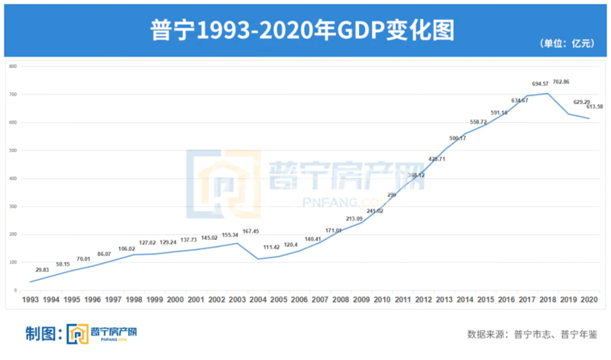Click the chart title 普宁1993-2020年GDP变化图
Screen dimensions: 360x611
click(x=305, y=31)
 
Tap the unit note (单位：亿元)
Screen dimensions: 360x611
click(x=567, y=44)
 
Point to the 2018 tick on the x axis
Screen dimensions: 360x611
click(x=546, y=300)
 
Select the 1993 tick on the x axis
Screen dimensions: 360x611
click(x=31, y=300)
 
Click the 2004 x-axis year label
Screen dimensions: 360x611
click(x=257, y=300)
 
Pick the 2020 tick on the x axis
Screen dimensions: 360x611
click(x=587, y=300)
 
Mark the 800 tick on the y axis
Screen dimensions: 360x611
click(x=13, y=66)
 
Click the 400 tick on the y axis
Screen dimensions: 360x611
click(x=13, y=178)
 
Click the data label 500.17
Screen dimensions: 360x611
click(x=458, y=138)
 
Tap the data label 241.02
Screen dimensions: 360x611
click(x=375, y=211)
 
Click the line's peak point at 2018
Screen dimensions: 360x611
click(x=546, y=93)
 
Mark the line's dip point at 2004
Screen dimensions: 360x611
click(x=257, y=258)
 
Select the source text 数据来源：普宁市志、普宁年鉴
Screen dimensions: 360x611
click(x=532, y=335)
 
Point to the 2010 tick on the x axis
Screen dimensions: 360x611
click(x=381, y=300)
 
